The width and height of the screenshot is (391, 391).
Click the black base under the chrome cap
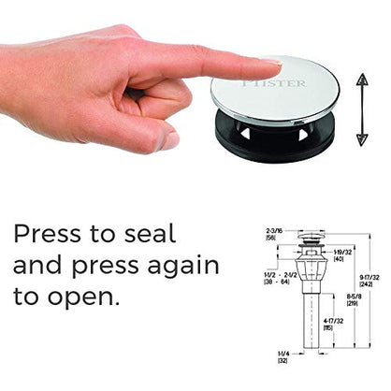pos(276,140)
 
